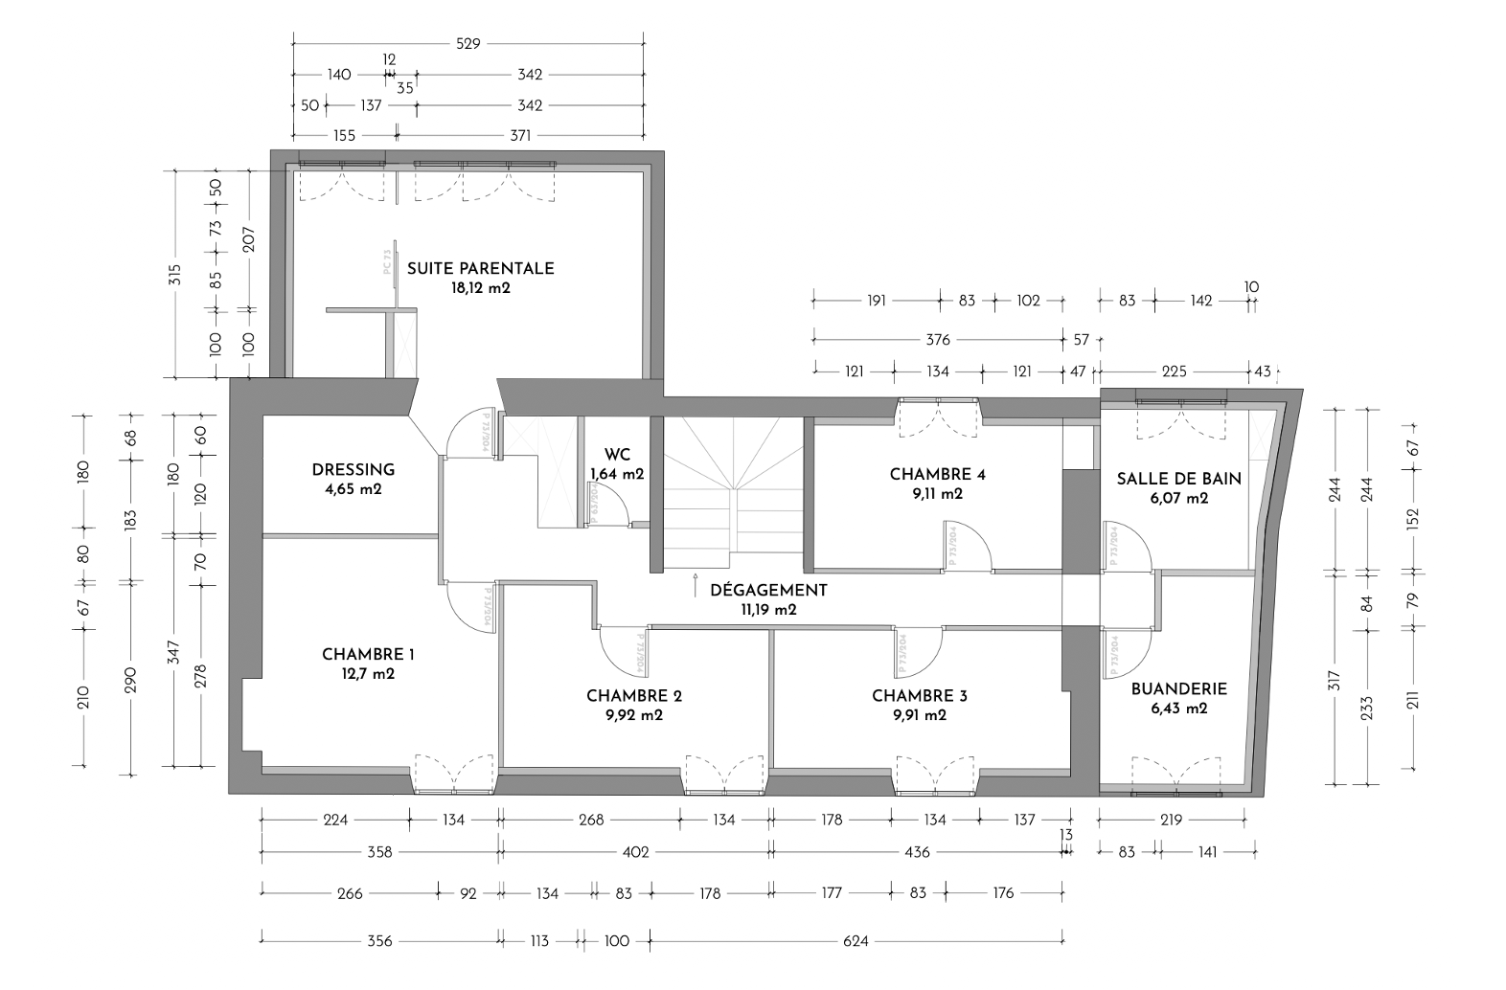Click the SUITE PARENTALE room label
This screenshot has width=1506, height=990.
[480, 268]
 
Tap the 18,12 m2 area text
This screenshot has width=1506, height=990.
[480, 287]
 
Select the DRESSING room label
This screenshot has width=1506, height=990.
[353, 470]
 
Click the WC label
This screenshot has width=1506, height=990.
[617, 455]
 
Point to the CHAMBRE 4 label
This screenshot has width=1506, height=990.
[937, 474]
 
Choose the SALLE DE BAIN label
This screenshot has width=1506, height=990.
[1178, 479]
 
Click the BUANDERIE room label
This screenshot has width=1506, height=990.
[1178, 689]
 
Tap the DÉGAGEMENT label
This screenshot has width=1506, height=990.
[767, 590]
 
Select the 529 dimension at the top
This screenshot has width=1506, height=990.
[468, 43]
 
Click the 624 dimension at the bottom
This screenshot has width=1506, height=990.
[856, 941]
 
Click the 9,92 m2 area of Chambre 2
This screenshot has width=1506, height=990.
[634, 715]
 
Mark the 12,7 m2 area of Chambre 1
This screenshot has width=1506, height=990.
[368, 674]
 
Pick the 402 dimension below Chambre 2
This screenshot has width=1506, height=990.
[635, 852]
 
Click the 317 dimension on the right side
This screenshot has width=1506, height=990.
[1334, 680]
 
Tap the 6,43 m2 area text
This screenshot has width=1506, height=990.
[1178, 709]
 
